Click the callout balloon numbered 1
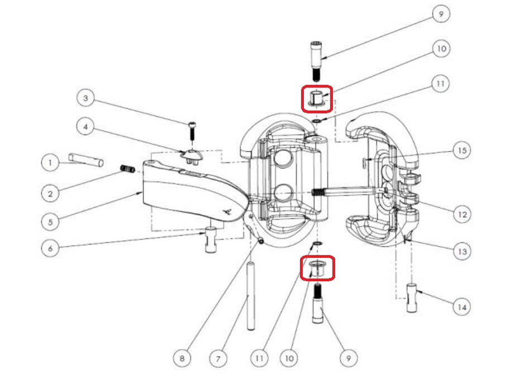pos(50,163)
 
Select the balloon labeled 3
pos(85,99)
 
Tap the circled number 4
pos(85,127)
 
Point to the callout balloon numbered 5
pos(50,221)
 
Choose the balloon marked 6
pos(50,248)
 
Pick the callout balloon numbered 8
pos(182,358)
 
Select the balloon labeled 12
pos(461,214)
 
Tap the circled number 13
pos(461,252)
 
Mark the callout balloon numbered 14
pos(461,306)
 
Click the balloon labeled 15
pos(461,151)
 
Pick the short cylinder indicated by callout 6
pos(211,240)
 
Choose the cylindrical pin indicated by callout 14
pos(412,298)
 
